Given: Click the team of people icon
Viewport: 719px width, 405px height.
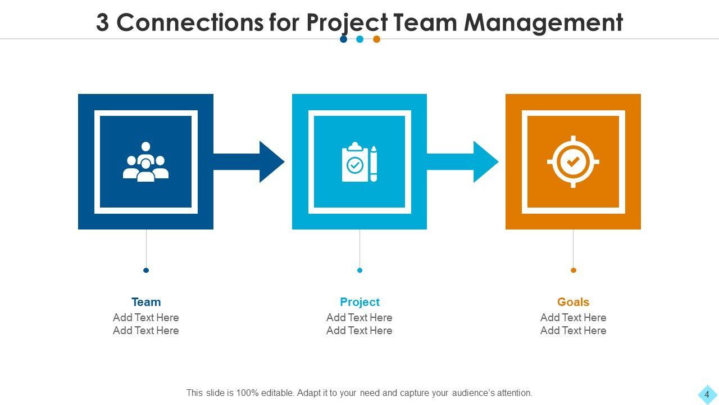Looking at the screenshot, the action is [145, 162].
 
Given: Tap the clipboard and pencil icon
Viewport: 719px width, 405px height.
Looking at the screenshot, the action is [359, 163].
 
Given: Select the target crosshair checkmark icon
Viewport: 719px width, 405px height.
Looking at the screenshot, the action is [573, 162].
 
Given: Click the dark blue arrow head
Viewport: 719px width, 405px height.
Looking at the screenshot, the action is [271, 162].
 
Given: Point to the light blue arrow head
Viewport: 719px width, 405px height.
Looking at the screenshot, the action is [485, 162].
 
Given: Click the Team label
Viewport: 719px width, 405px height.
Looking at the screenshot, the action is [146, 302].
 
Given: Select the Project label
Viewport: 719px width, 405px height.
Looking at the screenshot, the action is [359, 302].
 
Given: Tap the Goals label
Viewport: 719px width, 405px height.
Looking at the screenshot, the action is [573, 302].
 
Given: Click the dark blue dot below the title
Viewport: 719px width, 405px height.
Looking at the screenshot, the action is [343, 39].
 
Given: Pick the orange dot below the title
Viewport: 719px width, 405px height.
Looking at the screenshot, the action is [377, 39].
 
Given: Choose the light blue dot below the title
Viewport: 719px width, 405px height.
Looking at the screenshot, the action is [360, 39].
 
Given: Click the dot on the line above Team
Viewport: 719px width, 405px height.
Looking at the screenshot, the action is [146, 271].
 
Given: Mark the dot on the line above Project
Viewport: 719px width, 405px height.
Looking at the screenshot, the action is [359, 271].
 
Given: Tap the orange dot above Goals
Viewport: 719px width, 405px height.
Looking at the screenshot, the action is [574, 271].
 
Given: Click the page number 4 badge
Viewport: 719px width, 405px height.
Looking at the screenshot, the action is [707, 394].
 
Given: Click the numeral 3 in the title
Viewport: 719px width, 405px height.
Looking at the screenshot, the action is [102, 23].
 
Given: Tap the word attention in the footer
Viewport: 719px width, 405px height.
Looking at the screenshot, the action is [512, 393].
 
